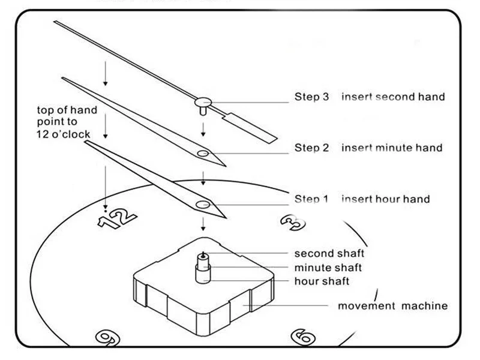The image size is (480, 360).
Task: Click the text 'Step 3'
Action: tap(311, 97)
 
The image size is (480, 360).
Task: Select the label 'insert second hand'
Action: tap(393, 97)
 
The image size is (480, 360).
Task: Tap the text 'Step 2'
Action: tap(311, 148)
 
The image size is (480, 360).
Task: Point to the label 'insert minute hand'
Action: tap(392, 148)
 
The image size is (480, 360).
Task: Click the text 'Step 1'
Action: tap(311, 199)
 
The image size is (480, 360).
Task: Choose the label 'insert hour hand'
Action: tap(385, 199)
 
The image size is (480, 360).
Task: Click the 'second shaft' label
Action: tap(329, 254)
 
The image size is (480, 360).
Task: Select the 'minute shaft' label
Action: tap(328, 268)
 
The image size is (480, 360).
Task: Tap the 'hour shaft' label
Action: tap(322, 281)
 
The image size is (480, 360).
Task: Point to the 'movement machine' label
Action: tap(392, 306)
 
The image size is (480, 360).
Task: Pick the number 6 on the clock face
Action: tap(302, 336)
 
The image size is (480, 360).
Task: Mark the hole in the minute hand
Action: tap(204, 155)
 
